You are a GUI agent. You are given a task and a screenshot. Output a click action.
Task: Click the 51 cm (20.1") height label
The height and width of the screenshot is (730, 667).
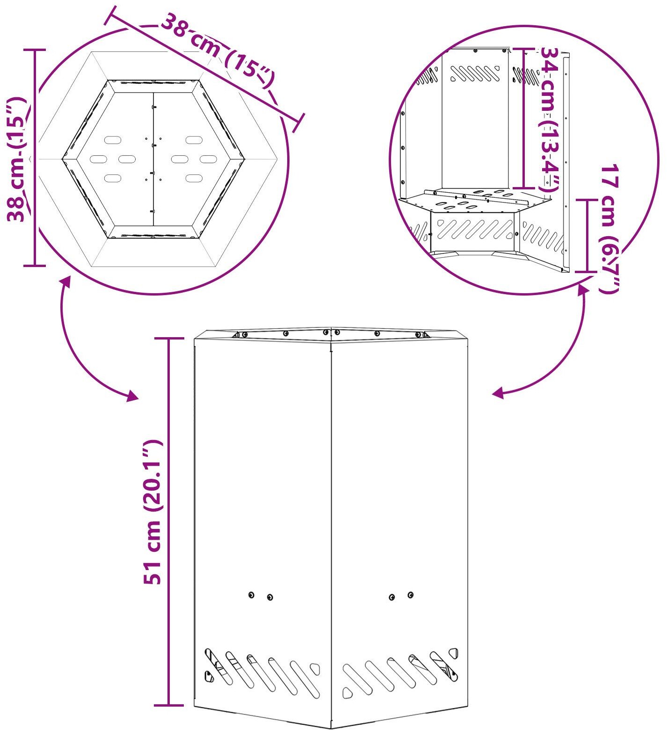pos(152,512)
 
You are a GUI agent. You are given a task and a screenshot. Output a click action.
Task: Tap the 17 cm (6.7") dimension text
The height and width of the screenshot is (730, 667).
pos(609,229)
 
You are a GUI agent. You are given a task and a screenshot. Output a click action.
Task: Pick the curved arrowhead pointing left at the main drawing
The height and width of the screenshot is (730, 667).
pos(499,393)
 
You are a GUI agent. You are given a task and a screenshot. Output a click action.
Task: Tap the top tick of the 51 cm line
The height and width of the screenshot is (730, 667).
pos(169,338)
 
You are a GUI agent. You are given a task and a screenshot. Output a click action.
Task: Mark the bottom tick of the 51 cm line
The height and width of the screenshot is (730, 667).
pos(169,705)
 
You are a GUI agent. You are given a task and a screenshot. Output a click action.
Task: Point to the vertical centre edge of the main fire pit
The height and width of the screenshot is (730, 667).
pos(331,528)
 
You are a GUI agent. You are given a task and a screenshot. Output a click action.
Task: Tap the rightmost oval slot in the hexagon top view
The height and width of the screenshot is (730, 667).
pos(208,159)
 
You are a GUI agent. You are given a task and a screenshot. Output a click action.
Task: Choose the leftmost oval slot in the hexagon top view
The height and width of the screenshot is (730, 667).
pos(98,159)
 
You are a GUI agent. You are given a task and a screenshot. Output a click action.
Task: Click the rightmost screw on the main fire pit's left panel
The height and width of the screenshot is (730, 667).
pos(270,597)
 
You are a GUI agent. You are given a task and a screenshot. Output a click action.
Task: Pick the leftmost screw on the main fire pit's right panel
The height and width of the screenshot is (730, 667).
pos(392,597)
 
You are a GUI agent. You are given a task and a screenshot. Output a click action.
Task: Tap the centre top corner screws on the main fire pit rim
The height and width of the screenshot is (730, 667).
pos(331,332)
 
